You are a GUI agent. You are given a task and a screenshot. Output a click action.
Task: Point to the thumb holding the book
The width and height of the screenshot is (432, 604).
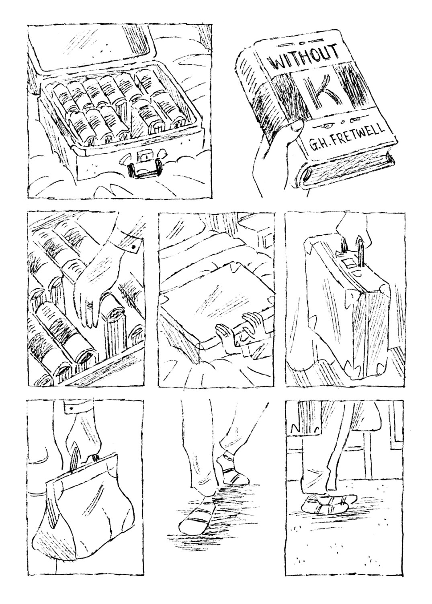(296, 127)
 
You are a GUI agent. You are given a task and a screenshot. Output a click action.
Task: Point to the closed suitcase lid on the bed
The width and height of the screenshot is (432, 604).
(216, 310)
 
